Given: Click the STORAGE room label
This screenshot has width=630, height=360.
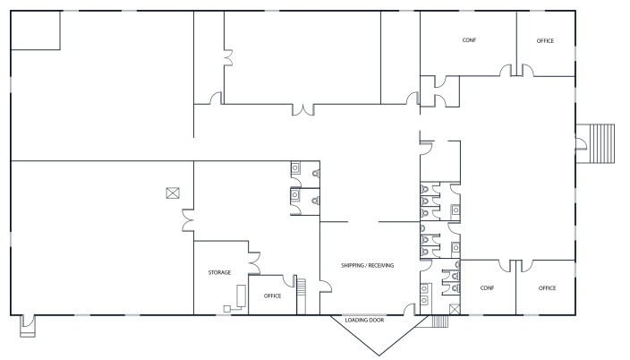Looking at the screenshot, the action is pyautogui.click(x=219, y=272).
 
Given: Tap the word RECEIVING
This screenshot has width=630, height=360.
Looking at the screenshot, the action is pyautogui.click(x=381, y=265).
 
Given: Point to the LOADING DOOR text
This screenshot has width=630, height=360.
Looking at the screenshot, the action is pyautogui.click(x=364, y=321).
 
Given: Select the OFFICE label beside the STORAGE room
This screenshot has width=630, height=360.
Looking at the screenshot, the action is pyautogui.click(x=272, y=296).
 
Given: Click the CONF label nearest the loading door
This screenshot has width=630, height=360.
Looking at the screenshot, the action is pyautogui.click(x=487, y=288).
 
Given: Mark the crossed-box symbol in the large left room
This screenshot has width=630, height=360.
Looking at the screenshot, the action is pyautogui.click(x=173, y=193).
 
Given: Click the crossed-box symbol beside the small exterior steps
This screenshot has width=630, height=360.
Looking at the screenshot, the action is pyautogui.click(x=455, y=309).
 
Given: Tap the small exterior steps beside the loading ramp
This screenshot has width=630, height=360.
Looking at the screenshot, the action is pyautogui.click(x=439, y=321).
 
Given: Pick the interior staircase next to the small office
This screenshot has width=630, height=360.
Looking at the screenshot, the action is pyautogui.click(x=302, y=296).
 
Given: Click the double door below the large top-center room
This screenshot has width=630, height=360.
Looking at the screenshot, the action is pyautogui.click(x=303, y=109).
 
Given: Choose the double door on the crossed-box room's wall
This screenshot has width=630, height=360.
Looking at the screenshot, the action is pyautogui.click(x=188, y=220).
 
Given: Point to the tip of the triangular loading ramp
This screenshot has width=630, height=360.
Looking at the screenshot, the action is pyautogui.click(x=379, y=356).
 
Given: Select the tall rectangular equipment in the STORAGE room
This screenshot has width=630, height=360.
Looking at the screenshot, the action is pyautogui.click(x=241, y=296).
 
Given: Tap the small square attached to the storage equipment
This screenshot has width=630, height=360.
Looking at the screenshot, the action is pyautogui.click(x=227, y=309).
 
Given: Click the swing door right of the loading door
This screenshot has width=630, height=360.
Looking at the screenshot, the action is pyautogui.click(x=410, y=309).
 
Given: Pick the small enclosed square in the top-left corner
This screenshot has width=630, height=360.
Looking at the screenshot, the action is pyautogui.click(x=36, y=30).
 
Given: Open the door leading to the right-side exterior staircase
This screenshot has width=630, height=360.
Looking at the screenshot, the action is pyautogui.click(x=581, y=143).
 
